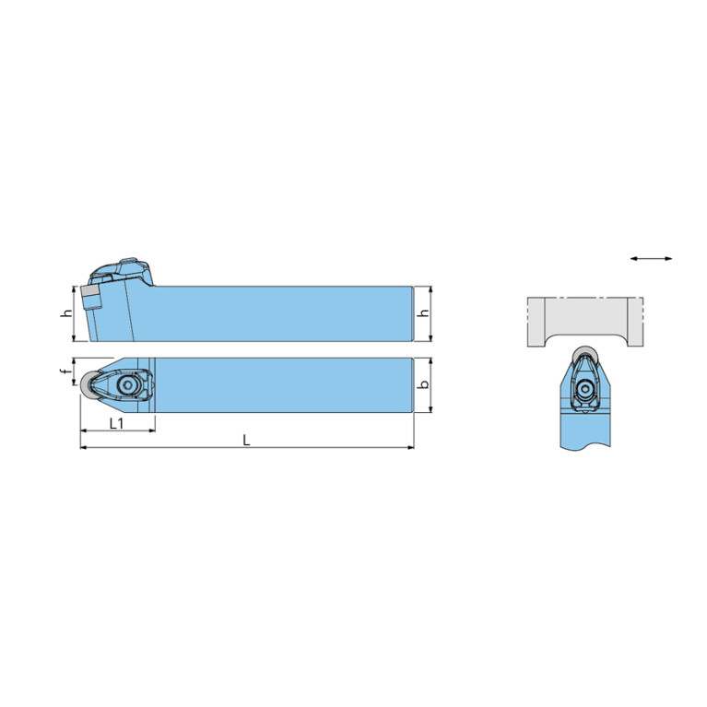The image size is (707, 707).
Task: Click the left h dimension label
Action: point(66,312)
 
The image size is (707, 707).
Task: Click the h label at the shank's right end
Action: point(424,312)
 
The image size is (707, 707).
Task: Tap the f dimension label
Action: point(66,372)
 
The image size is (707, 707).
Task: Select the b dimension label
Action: point(424,385)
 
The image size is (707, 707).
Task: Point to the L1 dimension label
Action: point(117,423)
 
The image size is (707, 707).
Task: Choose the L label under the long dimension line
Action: point(246,440)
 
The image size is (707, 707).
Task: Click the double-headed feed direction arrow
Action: point(651,258)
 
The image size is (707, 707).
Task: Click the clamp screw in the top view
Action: point(127,385)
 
